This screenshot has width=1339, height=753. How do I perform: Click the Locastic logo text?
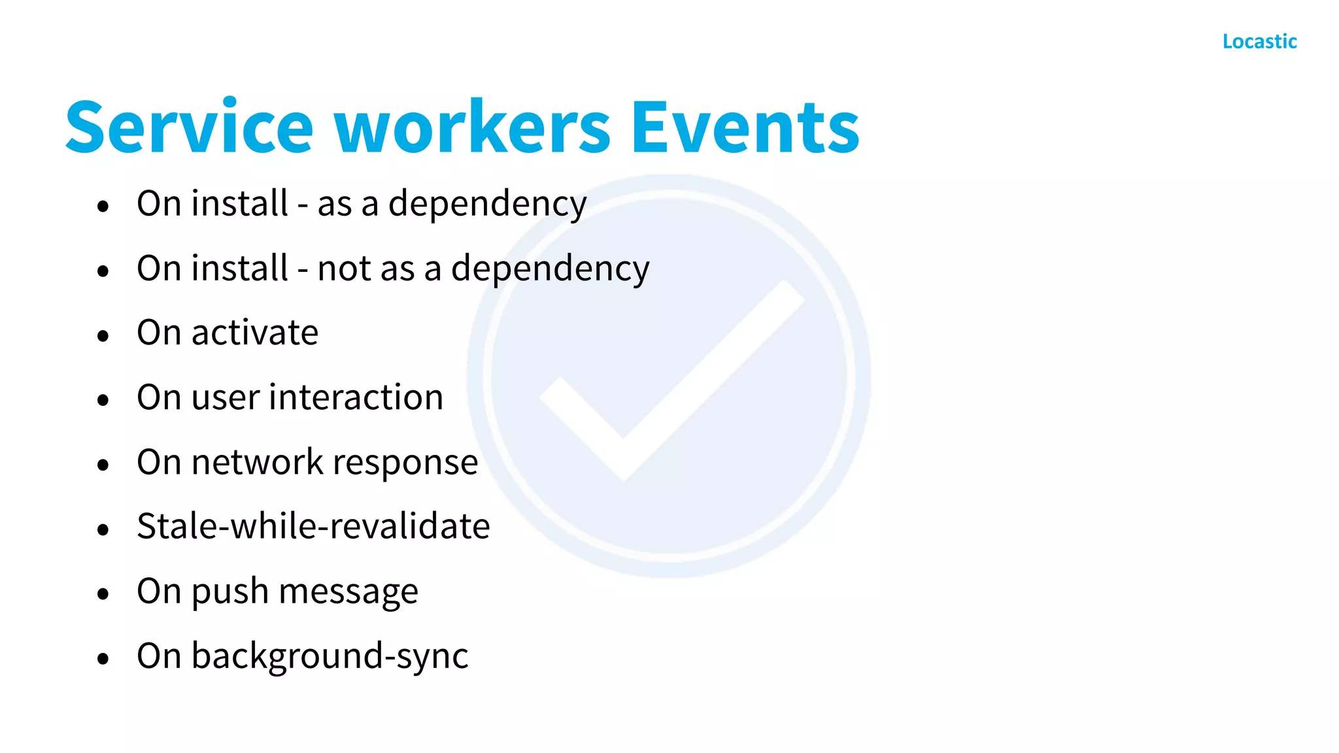[x=1259, y=42]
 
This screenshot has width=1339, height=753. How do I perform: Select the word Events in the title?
[x=745, y=127]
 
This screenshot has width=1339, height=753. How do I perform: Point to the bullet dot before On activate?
[x=103, y=336]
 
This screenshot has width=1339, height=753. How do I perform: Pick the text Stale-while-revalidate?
[x=313, y=526]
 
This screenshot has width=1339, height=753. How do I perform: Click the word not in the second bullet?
[x=342, y=269]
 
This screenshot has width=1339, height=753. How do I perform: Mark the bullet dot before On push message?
[x=103, y=594]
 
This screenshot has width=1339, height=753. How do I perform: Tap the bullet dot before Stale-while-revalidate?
[x=103, y=529]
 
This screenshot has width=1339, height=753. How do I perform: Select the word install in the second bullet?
[x=240, y=268]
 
